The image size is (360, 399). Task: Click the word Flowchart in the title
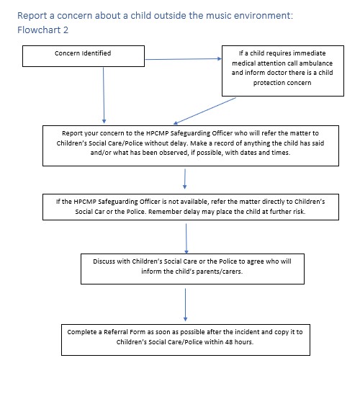(39, 30)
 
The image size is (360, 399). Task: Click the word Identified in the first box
(96, 53)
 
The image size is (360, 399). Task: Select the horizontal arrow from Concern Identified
(183, 59)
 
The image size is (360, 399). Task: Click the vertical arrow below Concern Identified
(104, 95)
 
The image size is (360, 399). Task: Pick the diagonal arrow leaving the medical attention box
(204, 111)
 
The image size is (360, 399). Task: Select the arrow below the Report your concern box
(185, 179)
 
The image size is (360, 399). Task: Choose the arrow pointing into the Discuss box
(186, 238)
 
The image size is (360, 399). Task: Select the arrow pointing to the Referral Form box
(185, 305)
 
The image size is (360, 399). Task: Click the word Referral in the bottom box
(116, 332)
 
